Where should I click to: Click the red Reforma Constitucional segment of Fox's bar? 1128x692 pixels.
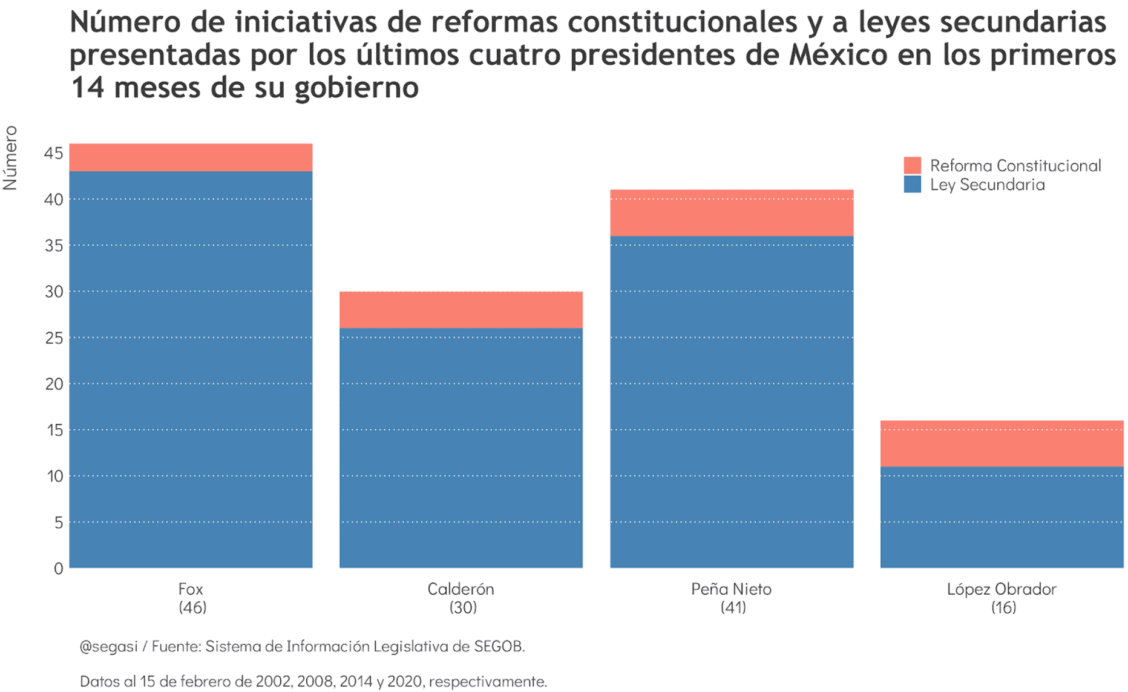point(191,157)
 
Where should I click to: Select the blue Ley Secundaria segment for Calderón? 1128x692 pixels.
point(461,448)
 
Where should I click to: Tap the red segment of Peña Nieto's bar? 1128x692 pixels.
point(731,213)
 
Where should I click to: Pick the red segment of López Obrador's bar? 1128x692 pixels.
point(1002,443)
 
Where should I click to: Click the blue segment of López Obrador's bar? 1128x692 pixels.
point(1002,517)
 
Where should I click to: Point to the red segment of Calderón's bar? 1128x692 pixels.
point(461,310)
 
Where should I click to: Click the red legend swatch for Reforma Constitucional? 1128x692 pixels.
point(912,165)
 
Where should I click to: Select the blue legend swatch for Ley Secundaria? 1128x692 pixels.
point(912,184)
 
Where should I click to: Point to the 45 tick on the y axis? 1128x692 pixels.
point(54,153)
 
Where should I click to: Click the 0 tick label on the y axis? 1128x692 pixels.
point(58,568)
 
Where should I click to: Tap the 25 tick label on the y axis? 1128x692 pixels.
point(54,338)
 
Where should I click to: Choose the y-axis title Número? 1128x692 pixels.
point(10,158)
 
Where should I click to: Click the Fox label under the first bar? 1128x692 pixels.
point(191,589)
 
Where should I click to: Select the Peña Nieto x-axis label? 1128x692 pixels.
point(731,589)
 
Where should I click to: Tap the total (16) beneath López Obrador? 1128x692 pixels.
point(1003,607)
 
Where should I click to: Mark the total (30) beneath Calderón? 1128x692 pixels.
point(462,607)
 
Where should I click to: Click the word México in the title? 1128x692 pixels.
point(838,55)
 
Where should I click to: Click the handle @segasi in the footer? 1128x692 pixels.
point(109,647)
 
